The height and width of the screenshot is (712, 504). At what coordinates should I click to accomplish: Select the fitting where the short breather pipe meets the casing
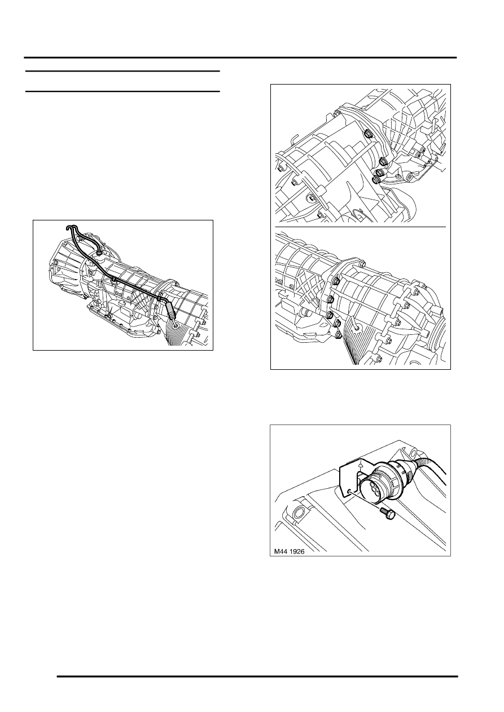pyautogui.click(x=99, y=254)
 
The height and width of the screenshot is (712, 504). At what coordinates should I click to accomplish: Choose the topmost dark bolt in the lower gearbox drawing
pyautogui.click(x=336, y=280)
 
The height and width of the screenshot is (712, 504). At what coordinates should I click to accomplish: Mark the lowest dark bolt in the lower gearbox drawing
pyautogui.click(x=338, y=335)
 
